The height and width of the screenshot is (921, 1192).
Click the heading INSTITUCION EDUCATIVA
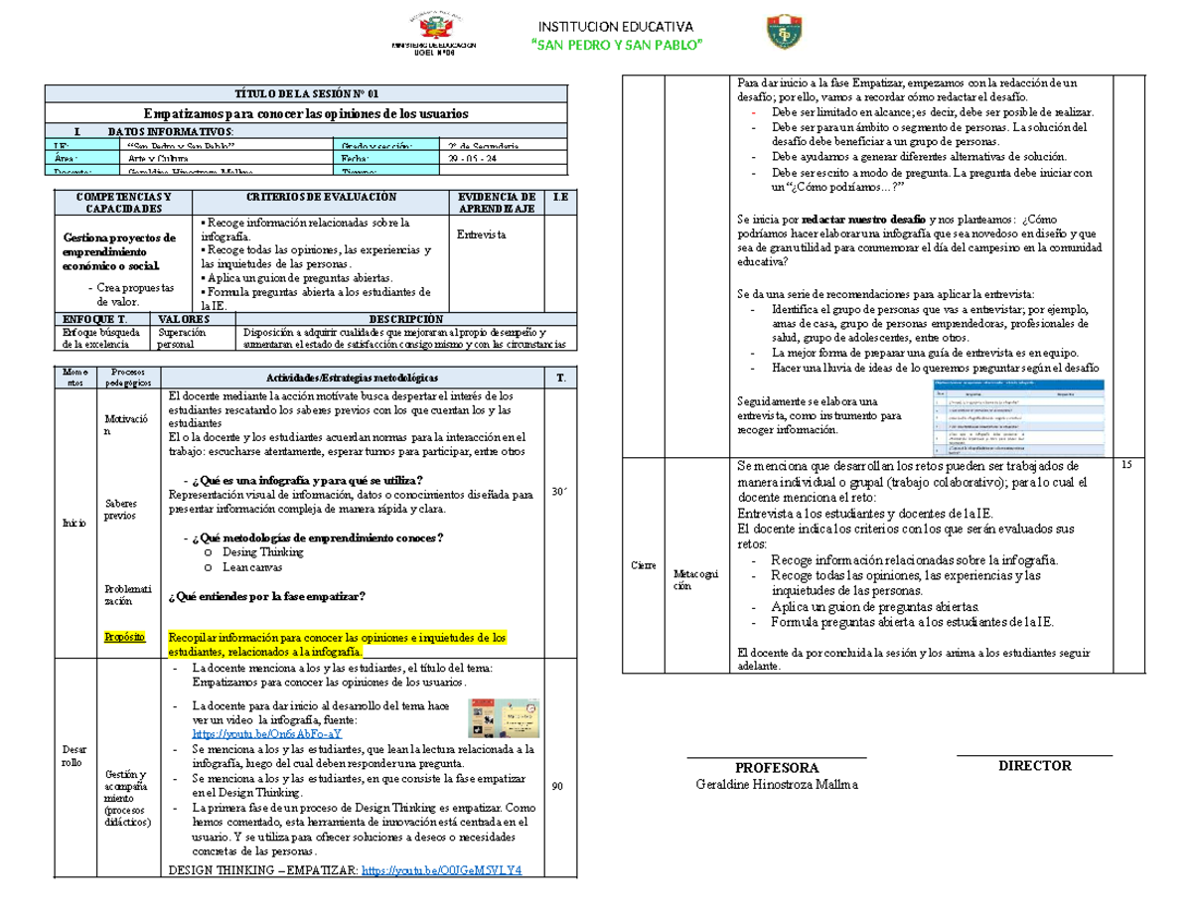point(616,26)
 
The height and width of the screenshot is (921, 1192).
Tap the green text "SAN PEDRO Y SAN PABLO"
point(617,47)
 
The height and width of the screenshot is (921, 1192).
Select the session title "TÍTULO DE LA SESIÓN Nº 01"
point(307,94)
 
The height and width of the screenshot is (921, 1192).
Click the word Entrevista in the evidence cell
point(481,234)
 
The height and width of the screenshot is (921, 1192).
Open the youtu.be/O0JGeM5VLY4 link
point(442,870)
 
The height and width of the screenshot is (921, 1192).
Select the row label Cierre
point(644,565)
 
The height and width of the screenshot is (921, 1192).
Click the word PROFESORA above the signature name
point(777,768)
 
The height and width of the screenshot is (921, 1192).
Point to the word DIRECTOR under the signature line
point(1034,765)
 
